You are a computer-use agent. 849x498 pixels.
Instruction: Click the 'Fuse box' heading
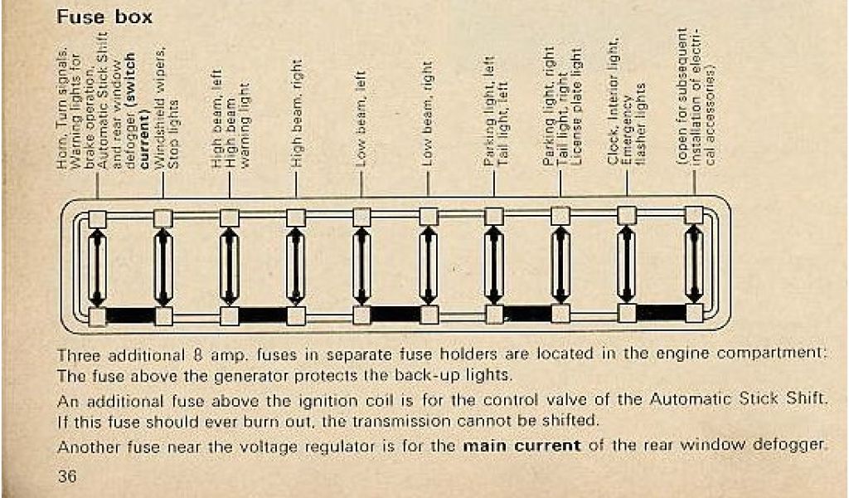coord(104,17)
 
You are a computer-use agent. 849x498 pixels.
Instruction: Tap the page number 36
coord(68,477)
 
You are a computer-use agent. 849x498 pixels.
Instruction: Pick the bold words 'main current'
coord(522,446)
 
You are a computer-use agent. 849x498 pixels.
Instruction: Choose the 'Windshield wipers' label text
coord(160,112)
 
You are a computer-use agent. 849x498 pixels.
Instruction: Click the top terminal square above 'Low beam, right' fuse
coord(429,217)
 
